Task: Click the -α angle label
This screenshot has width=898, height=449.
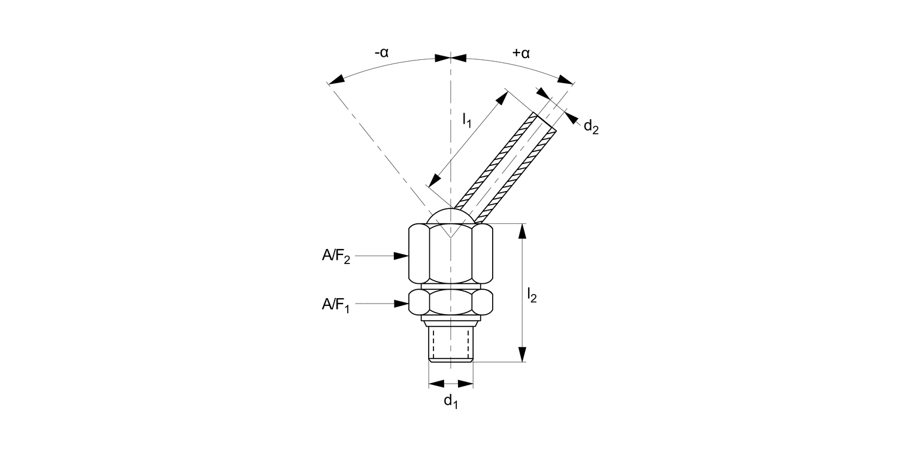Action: click(x=381, y=53)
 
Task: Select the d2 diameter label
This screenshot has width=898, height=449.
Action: click(x=590, y=126)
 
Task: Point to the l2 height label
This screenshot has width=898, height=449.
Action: click(x=532, y=294)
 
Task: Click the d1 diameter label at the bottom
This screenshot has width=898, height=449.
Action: click(x=450, y=402)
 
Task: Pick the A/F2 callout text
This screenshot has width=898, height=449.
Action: click(x=336, y=256)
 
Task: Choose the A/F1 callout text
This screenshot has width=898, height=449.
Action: click(x=336, y=305)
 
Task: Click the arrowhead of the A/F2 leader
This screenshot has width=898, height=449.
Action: click(x=402, y=256)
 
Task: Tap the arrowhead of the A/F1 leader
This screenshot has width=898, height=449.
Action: click(x=402, y=304)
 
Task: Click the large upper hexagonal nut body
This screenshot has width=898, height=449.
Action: click(x=450, y=254)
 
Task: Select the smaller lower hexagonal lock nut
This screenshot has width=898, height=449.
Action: click(x=450, y=302)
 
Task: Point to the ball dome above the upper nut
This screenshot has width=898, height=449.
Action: click(x=450, y=216)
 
